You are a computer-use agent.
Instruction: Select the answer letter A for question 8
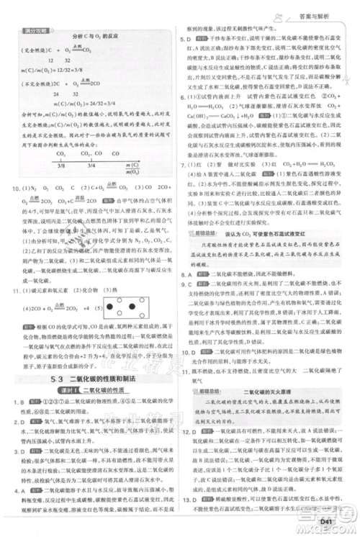195,274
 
